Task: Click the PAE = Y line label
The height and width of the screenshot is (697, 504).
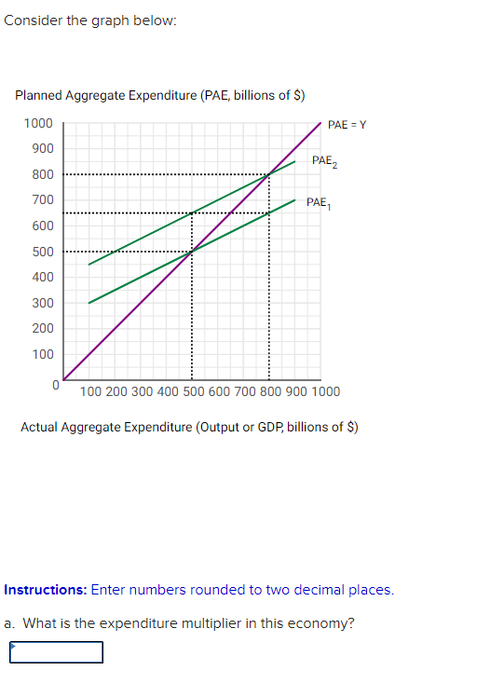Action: [x=347, y=125]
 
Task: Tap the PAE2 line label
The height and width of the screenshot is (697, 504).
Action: [x=324, y=161]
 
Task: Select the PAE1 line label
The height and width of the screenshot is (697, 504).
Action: [x=318, y=202]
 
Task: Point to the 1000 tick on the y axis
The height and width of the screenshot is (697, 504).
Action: [x=38, y=124]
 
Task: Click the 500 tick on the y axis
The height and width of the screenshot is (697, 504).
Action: [x=43, y=252]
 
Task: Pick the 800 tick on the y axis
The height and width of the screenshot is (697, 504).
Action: [x=43, y=174]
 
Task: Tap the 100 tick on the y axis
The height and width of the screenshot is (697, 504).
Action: [x=43, y=354]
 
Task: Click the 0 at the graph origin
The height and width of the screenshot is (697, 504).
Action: [x=55, y=383]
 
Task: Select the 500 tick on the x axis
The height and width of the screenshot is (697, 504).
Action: [x=192, y=391]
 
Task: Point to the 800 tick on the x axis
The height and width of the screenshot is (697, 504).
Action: [x=270, y=391]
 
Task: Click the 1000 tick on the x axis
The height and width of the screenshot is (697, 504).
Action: [x=325, y=391]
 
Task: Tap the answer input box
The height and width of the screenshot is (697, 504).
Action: [x=56, y=651]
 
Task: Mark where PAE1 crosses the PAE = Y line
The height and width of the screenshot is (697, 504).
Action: [x=192, y=252]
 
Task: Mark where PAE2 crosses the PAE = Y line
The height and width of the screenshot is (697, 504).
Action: [x=269, y=174]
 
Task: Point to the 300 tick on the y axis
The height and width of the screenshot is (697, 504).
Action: [x=43, y=303]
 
